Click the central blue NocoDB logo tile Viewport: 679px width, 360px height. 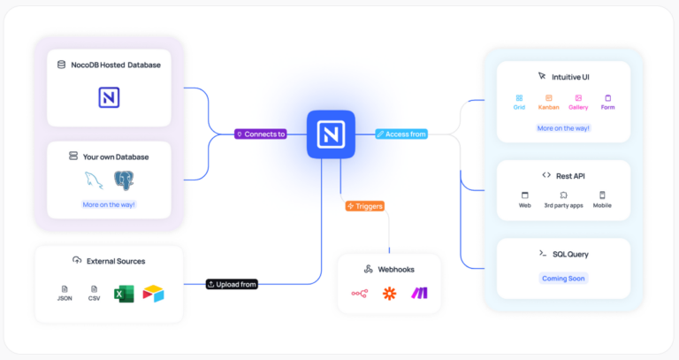331,134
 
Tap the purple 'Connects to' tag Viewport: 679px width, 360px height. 261,134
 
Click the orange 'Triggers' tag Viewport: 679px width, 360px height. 365,206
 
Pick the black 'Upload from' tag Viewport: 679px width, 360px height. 232,284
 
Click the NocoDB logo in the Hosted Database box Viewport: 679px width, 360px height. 109,97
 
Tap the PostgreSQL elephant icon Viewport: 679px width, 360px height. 124,180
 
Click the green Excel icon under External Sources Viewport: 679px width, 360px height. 123,293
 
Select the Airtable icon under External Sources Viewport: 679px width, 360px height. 153,293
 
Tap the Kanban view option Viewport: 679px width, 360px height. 548,107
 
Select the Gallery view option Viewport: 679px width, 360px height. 578,107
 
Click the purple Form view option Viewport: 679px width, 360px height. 607,107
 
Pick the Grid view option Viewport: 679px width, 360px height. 519,107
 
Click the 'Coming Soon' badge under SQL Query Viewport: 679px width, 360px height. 563,278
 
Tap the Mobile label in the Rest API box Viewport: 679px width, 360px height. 602,205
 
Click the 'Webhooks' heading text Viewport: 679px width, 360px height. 396,269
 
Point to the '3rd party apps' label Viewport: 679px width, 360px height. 563,205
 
